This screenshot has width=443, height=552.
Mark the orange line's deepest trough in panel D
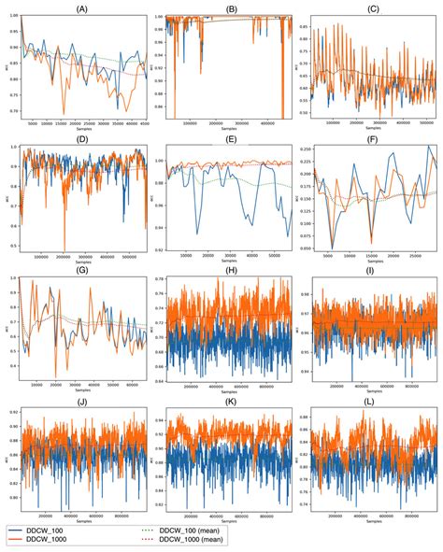click(x=64, y=251)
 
